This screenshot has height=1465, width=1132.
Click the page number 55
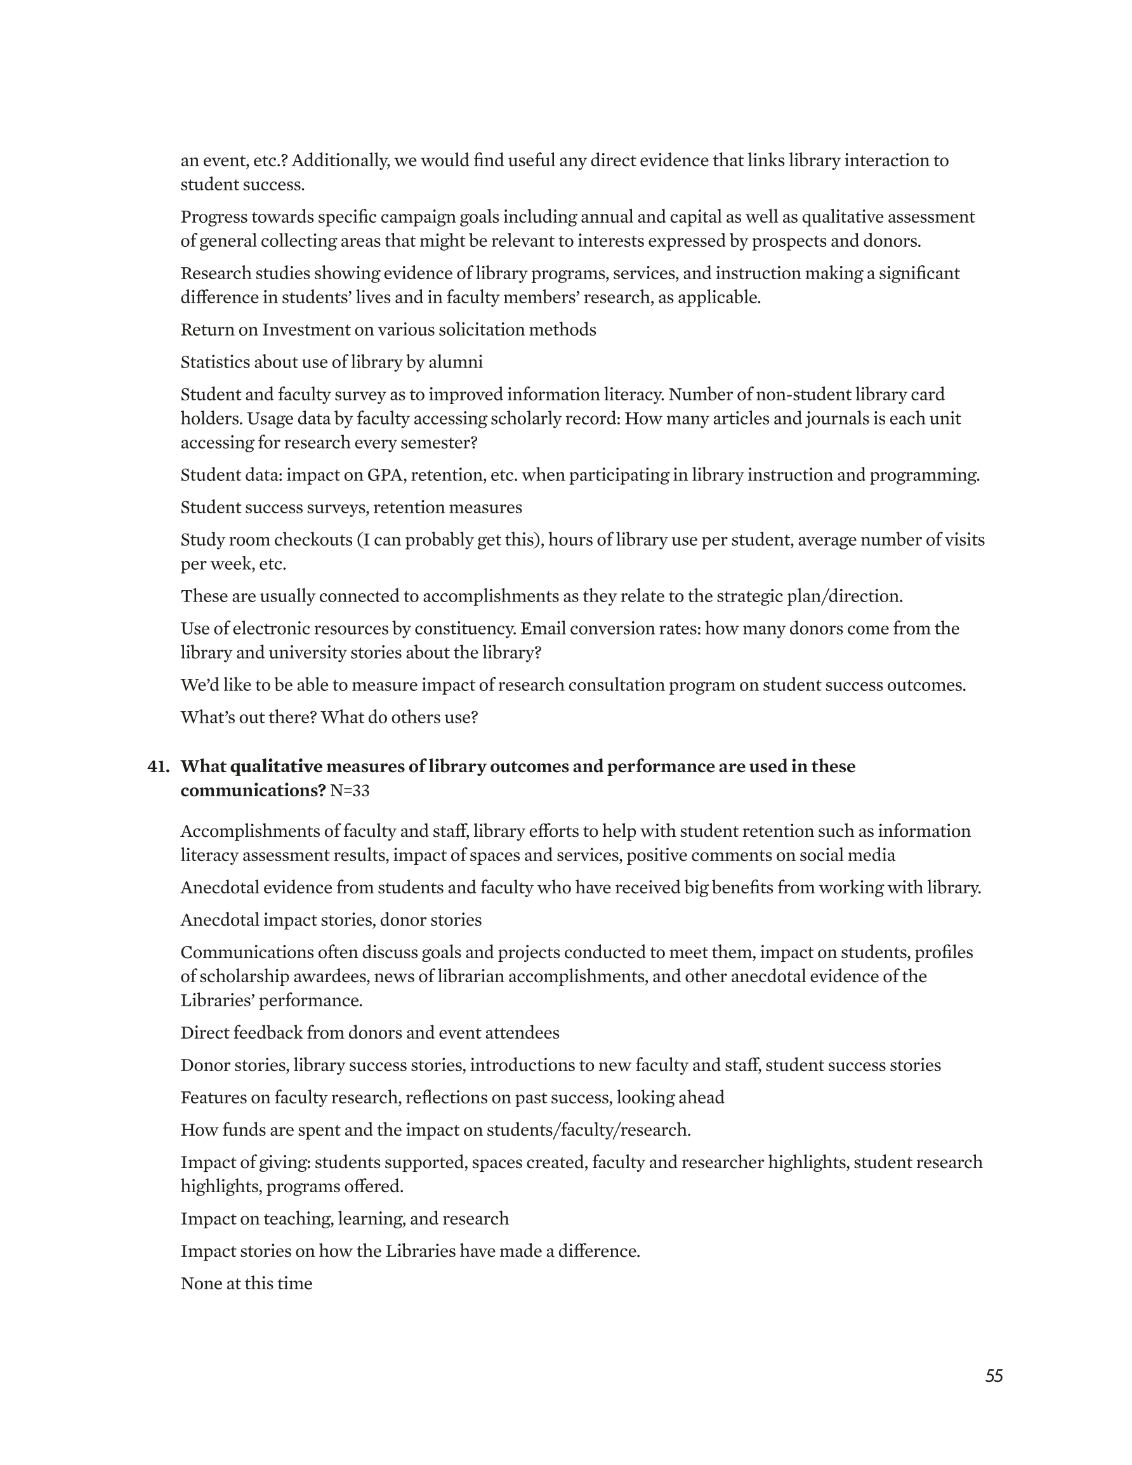tap(994, 1376)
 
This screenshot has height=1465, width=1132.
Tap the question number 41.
tap(158, 766)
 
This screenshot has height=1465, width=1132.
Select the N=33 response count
tap(350, 791)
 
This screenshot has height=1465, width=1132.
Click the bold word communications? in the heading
tap(253, 791)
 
